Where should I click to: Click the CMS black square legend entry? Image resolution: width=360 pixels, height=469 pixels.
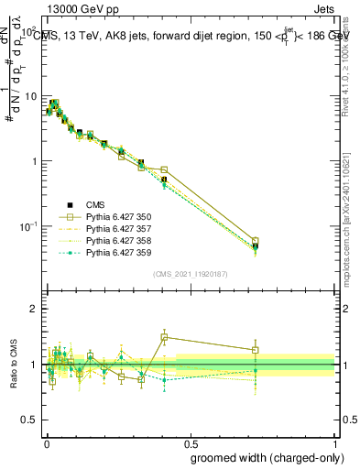96,205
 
